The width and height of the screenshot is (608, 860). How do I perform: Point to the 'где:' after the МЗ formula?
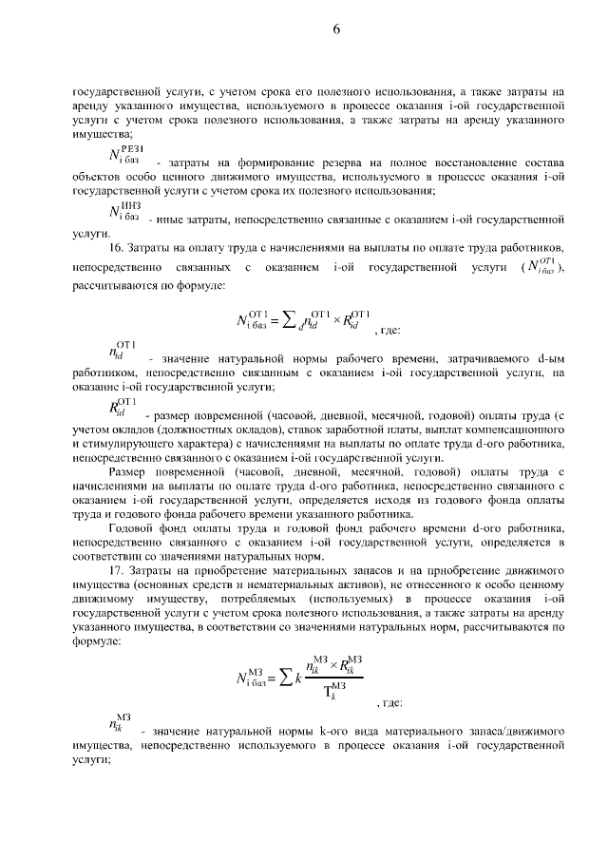pyautogui.click(x=391, y=703)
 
